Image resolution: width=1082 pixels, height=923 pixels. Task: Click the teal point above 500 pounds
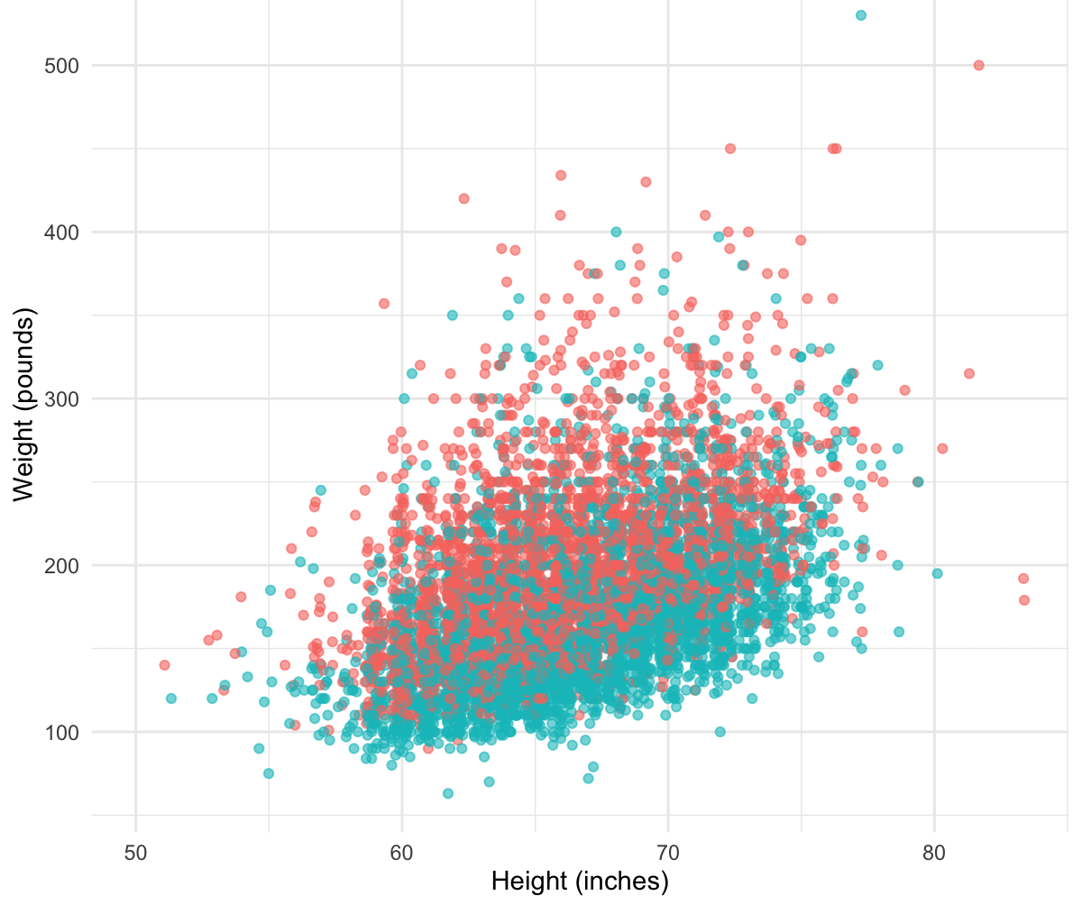pyautogui.click(x=861, y=15)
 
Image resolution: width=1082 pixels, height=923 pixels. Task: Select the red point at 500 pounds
pyautogui.click(x=978, y=65)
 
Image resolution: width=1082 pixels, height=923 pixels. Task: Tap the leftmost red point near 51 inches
pyautogui.click(x=164, y=665)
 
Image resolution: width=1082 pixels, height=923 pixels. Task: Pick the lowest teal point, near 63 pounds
pyautogui.click(x=448, y=793)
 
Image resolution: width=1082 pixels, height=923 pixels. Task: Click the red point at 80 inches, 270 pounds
pyautogui.click(x=942, y=448)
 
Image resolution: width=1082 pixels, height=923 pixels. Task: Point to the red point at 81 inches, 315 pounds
pyautogui.click(x=969, y=373)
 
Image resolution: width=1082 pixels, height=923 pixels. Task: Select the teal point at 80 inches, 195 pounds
pyautogui.click(x=937, y=573)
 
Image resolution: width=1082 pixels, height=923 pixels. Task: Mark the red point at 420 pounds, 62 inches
pyautogui.click(x=463, y=198)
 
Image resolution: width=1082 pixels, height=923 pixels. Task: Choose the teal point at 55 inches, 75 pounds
pyautogui.click(x=269, y=773)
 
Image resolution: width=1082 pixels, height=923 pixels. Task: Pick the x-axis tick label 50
pyautogui.click(x=136, y=852)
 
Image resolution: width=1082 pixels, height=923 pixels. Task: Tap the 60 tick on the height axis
pyautogui.click(x=402, y=852)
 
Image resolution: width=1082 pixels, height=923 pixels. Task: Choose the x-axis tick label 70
pyautogui.click(x=668, y=852)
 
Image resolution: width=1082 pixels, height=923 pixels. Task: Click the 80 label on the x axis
pyautogui.click(x=934, y=852)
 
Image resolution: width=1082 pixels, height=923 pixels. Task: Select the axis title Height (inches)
pyautogui.click(x=580, y=882)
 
